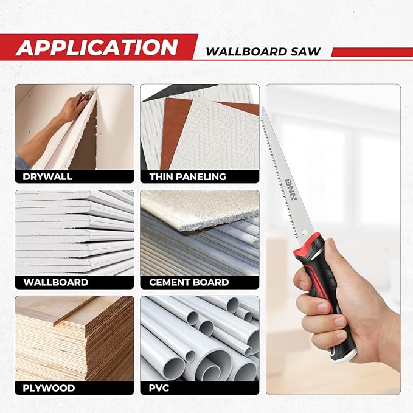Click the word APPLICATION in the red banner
(x=97, y=47)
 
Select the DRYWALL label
(x=47, y=177)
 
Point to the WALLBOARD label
(x=56, y=282)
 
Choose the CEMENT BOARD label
(x=190, y=282)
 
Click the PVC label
(x=160, y=387)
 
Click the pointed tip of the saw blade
(x=263, y=109)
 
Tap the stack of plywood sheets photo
(x=74, y=338)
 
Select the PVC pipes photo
(x=200, y=338)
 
